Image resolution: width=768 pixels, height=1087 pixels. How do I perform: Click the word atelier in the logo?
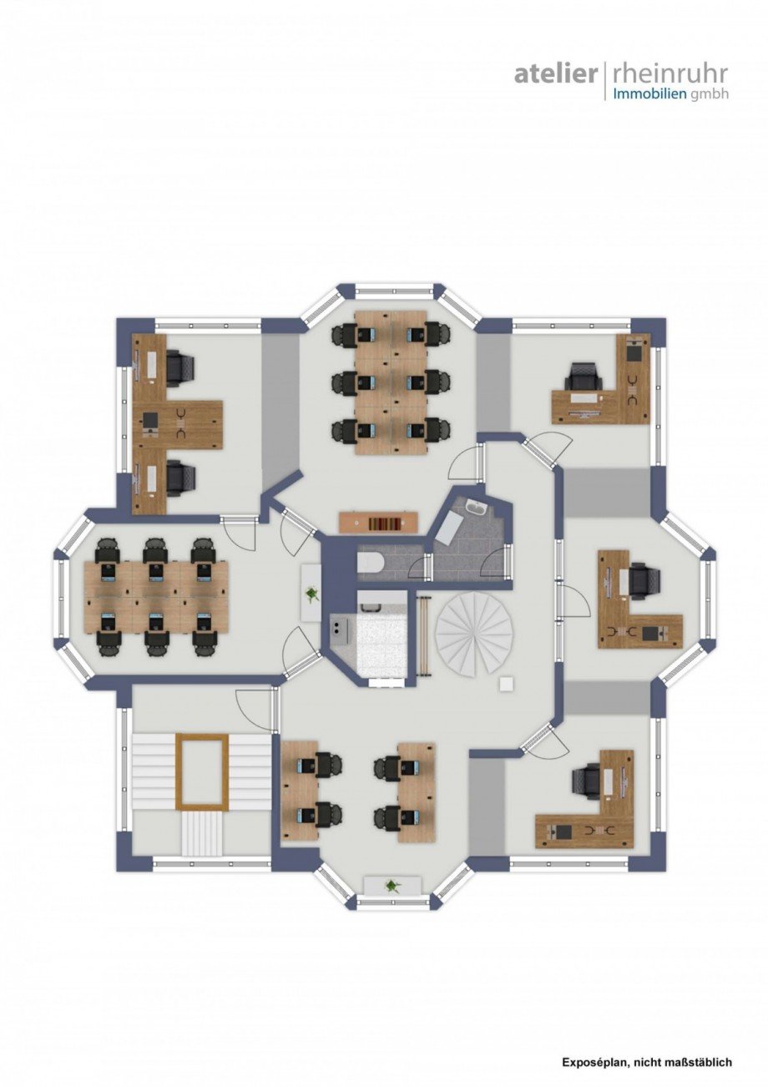pos(556,74)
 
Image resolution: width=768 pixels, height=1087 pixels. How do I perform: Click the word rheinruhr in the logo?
pos(670,74)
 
